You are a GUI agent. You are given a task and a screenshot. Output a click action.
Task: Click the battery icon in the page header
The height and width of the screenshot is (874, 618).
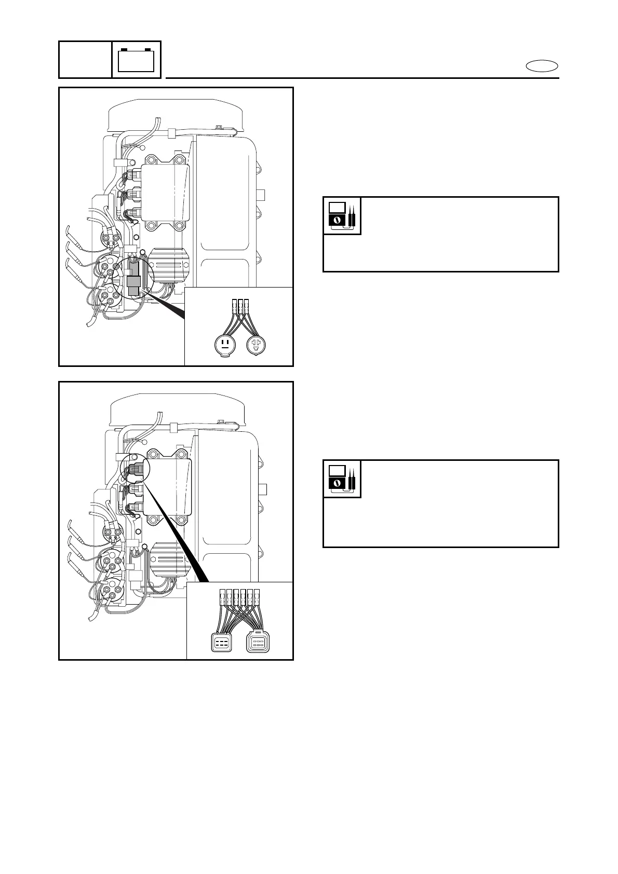click(x=136, y=60)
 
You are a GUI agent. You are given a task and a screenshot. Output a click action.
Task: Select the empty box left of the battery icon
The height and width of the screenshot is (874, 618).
click(x=85, y=60)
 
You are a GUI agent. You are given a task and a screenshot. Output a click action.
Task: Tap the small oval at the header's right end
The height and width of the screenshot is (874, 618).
click(x=542, y=66)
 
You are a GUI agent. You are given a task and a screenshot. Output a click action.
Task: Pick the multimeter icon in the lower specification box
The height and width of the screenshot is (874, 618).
click(x=342, y=479)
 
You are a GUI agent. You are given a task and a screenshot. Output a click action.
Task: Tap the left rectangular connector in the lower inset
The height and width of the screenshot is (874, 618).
click(x=222, y=643)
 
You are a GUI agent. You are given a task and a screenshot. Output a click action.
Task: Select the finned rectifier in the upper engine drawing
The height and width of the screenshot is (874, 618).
click(x=168, y=267)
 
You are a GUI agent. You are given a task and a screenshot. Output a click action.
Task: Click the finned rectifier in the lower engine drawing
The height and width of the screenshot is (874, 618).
click(x=168, y=561)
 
